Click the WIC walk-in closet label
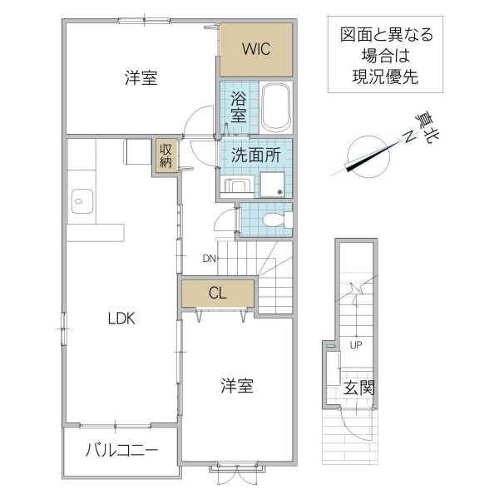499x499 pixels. pyautogui.click(x=256, y=48)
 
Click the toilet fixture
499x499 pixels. pyautogui.click(x=274, y=220)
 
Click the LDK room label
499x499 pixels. pyautogui.click(x=121, y=318)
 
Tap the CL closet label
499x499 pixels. pyautogui.click(x=218, y=293)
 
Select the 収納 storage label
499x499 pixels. pyautogui.click(x=166, y=155)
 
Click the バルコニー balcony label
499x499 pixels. pyautogui.click(x=121, y=451)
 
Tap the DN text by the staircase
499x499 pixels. pyautogui.click(x=210, y=258)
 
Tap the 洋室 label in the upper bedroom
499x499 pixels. pyautogui.click(x=141, y=78)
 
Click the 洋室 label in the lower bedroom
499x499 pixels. pyautogui.click(x=237, y=386)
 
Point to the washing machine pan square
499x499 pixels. pyautogui.click(x=273, y=184)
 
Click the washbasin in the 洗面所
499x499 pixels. pyautogui.click(x=237, y=185)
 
